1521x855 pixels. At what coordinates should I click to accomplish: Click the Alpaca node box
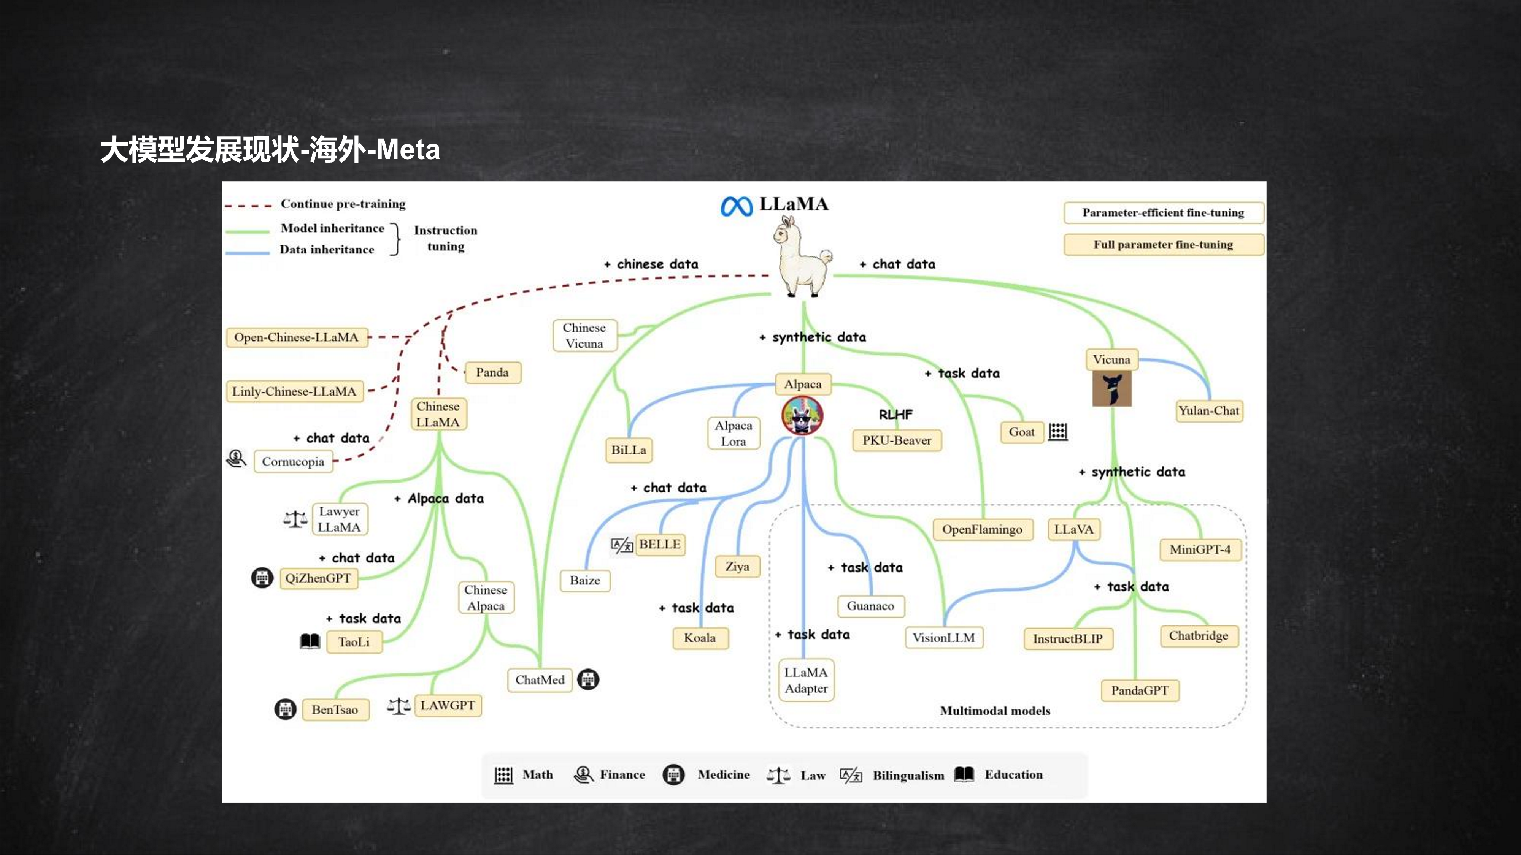click(802, 384)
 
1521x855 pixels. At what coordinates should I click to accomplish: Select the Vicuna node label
click(1111, 359)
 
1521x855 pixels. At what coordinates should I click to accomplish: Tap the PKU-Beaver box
click(896, 440)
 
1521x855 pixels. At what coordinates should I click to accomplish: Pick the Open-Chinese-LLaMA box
click(297, 337)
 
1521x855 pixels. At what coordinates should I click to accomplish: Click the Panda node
click(492, 372)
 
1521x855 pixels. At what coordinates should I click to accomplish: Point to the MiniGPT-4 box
click(1200, 549)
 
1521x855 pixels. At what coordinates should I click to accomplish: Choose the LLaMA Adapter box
click(806, 680)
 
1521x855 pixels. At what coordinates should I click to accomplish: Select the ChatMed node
click(540, 680)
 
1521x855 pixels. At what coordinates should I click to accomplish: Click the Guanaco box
click(870, 606)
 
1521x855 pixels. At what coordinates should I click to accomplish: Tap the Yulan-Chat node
click(1209, 411)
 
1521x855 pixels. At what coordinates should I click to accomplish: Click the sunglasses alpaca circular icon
click(802, 415)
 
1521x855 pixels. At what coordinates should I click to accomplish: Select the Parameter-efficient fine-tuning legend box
click(1163, 212)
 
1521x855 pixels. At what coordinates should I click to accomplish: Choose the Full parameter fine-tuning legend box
click(1163, 244)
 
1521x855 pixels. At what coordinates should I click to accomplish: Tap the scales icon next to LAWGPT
click(399, 706)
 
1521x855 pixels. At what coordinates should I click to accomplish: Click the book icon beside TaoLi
click(310, 641)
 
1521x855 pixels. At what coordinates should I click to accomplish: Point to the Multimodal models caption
click(995, 711)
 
